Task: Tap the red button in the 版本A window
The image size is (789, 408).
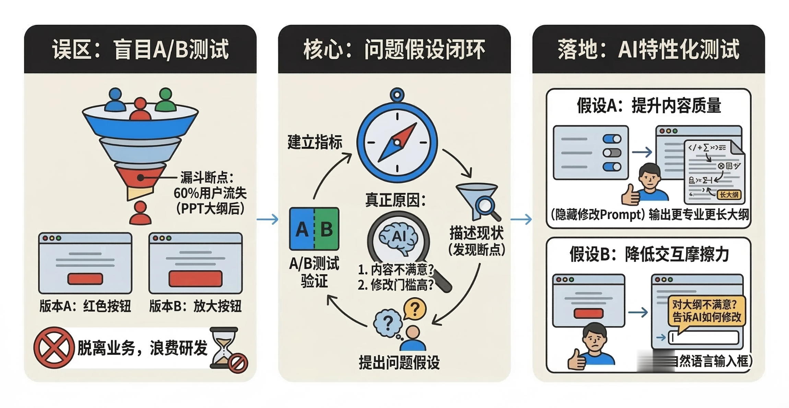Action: pyautogui.click(x=85, y=279)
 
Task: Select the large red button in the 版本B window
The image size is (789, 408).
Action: pyautogui.click(x=195, y=278)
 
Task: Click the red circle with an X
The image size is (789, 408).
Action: pyautogui.click(x=54, y=348)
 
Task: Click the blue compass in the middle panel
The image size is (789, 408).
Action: pyautogui.click(x=397, y=142)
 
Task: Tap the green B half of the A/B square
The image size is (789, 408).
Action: pyautogui.click(x=327, y=229)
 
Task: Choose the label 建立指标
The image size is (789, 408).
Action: pyautogui.click(x=315, y=142)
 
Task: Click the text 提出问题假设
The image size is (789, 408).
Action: pyautogui.click(x=399, y=362)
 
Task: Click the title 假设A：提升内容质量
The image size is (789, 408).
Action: pyautogui.click(x=649, y=105)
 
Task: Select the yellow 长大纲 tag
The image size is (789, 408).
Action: pyautogui.click(x=729, y=195)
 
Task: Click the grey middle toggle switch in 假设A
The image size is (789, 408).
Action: pyautogui.click(x=612, y=153)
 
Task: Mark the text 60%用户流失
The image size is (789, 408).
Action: pyautogui.click(x=210, y=193)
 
